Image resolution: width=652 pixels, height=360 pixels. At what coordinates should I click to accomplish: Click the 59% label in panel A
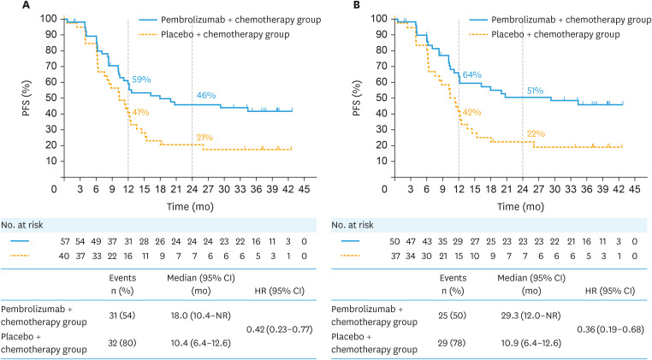(x=141, y=80)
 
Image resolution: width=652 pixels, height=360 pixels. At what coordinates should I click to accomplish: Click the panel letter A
(x=7, y=7)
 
